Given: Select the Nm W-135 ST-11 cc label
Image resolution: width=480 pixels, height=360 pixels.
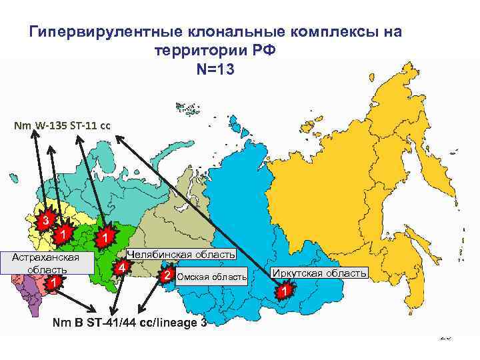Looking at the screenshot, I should pyautogui.click(x=66, y=125).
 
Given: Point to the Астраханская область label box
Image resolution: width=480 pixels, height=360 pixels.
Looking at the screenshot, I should pyautogui.click(x=47, y=263).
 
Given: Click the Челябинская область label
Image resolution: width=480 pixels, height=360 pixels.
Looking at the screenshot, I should pyautogui.click(x=181, y=255).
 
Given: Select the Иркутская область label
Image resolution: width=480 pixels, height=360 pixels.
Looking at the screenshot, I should pyautogui.click(x=319, y=273).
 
